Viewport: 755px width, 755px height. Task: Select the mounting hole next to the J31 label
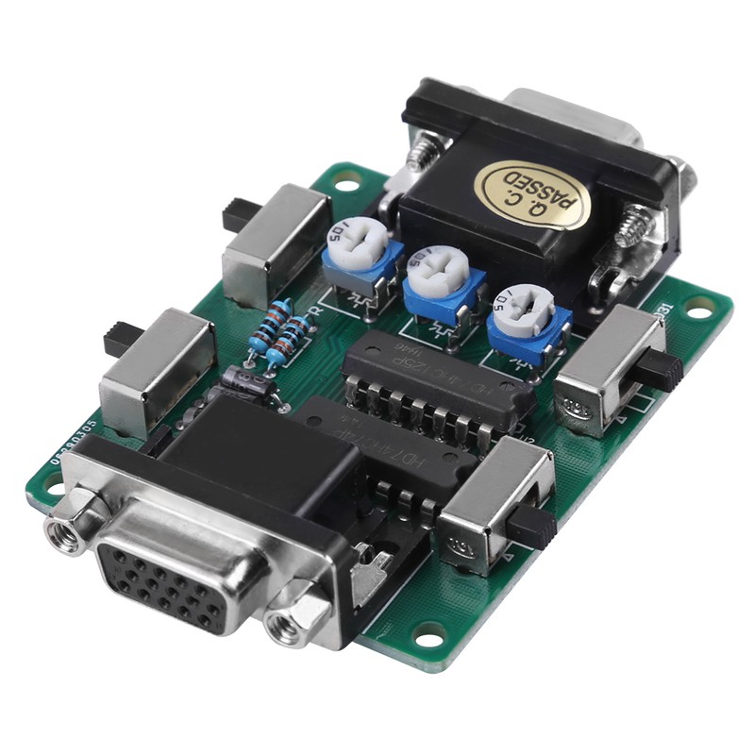[x=699, y=305]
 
